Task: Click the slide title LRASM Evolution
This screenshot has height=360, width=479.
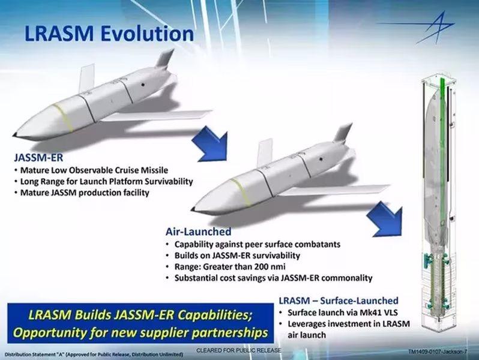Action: click(109, 34)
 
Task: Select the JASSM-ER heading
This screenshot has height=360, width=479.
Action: click(38, 158)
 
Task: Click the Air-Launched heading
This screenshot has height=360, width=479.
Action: click(198, 232)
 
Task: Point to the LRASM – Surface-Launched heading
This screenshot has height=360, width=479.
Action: click(339, 301)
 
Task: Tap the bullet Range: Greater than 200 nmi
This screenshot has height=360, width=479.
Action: click(230, 266)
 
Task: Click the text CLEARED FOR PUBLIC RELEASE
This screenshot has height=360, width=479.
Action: click(238, 350)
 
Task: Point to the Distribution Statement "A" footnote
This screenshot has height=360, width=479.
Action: click(94, 355)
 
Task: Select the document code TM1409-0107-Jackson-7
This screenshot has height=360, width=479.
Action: click(438, 352)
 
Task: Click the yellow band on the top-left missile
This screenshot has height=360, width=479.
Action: click(63, 118)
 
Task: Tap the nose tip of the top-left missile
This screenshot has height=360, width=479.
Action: click(14, 134)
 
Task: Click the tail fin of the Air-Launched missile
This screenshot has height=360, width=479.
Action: click(344, 133)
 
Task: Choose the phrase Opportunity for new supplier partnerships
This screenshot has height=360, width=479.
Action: click(140, 333)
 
